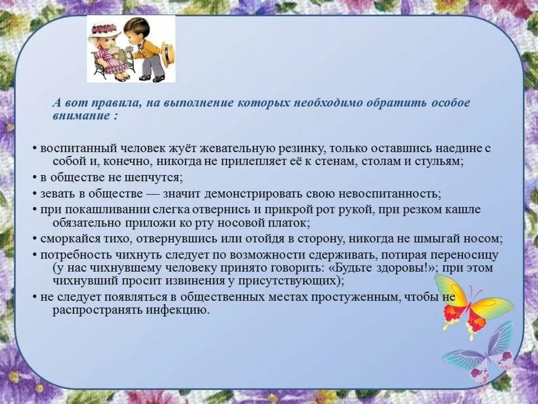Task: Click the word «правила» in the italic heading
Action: coord(113,103)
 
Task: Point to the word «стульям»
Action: coord(441,161)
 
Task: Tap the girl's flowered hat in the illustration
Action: coord(104,31)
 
